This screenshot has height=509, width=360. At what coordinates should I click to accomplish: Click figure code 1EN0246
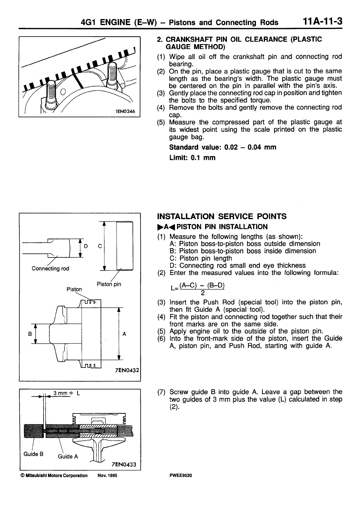125,111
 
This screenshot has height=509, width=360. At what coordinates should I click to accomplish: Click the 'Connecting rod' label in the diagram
50,268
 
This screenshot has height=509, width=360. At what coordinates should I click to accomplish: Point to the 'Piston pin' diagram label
109,284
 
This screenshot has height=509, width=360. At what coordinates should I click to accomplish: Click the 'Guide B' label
33,454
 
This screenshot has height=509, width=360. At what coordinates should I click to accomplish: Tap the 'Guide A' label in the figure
68,456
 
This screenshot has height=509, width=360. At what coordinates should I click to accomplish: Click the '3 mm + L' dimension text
67,393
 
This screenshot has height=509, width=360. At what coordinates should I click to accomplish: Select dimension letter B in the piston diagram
30,334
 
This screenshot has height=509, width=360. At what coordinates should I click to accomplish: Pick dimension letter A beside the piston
124,334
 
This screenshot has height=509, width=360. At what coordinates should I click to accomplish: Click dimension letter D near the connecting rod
86,246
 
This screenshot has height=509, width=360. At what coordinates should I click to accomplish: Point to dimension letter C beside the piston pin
100,246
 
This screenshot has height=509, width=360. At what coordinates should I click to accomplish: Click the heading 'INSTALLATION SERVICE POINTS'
222,216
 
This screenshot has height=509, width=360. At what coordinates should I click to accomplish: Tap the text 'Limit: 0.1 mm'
192,157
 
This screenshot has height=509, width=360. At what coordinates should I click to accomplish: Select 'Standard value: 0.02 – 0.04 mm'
222,147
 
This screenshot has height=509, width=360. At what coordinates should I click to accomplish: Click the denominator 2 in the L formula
203,293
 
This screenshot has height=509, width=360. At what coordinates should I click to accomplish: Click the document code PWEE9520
181,475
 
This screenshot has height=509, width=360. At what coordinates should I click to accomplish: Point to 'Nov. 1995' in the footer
107,475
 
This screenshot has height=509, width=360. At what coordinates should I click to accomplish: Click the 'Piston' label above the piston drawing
74,289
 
